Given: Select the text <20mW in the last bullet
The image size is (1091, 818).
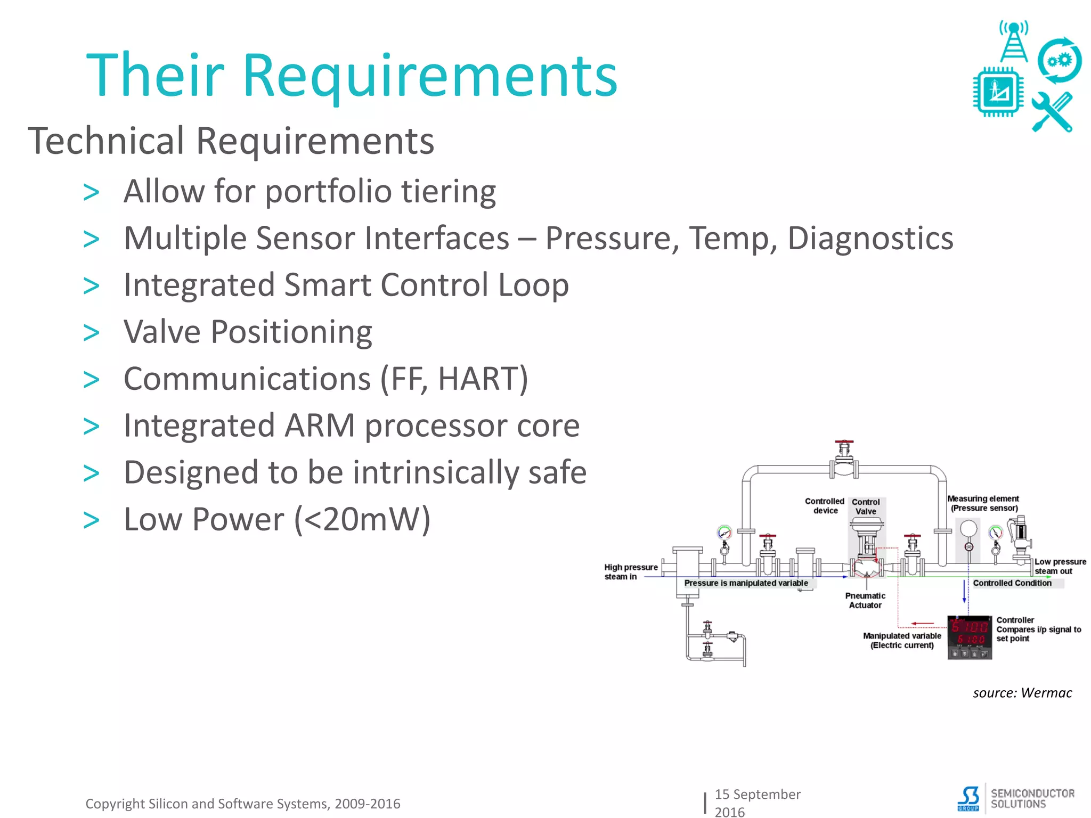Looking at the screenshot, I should pyautogui.click(x=362, y=519).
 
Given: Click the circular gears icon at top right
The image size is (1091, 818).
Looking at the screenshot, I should pyautogui.click(x=1059, y=61).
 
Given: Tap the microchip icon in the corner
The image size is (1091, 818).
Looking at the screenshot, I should pyautogui.click(x=998, y=92).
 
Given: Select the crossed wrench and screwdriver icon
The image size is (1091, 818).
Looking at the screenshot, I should pyautogui.click(x=1052, y=112).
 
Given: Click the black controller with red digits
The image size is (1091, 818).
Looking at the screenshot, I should pyautogui.click(x=970, y=637).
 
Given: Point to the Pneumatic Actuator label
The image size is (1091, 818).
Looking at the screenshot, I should pyautogui.click(x=865, y=600).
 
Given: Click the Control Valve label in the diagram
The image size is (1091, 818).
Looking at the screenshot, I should pyautogui.click(x=866, y=506).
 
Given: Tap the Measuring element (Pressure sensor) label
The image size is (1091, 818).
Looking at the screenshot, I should pyautogui.click(x=983, y=503).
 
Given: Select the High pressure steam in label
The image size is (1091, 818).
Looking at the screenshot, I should pyautogui.click(x=630, y=571).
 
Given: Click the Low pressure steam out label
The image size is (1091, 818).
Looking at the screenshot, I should pyautogui.click(x=1060, y=566).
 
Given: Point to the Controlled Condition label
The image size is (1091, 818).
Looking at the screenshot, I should pyautogui.click(x=1012, y=583).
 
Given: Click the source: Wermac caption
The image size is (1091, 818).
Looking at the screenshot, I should pyautogui.click(x=1022, y=693).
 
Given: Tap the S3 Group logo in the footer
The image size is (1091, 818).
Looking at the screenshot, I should pyautogui.click(x=968, y=798).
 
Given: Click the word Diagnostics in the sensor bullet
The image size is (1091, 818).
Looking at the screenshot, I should pyautogui.click(x=870, y=238).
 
